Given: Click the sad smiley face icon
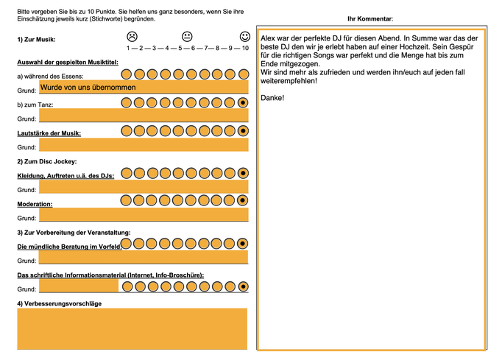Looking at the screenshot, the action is tap(132, 37).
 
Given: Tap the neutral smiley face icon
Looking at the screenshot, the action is tap(187, 37).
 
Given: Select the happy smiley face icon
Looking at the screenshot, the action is tap(245, 37).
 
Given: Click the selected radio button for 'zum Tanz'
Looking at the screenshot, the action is tap(243, 103).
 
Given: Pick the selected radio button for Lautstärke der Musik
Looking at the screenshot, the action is tap(243, 131).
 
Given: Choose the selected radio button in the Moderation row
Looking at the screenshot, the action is tap(242, 200).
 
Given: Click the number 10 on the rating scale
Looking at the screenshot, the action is tap(245, 48).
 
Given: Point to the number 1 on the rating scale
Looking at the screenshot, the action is tap(128, 48).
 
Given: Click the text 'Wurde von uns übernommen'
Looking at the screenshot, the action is tap(88, 88).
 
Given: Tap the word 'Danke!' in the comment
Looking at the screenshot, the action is tap(272, 98).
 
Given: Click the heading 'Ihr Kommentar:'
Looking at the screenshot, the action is tap(370, 19).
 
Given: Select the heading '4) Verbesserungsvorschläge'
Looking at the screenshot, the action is tap(59, 303).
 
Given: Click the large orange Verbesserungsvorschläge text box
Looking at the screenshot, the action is tap(132, 329).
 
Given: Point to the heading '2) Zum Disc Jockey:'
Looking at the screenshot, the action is tap(47, 161).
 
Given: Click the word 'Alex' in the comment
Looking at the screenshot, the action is tap(268, 38).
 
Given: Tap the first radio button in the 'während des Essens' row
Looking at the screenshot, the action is tap(127, 74).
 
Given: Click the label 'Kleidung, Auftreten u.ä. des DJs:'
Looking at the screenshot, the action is tap(66, 176).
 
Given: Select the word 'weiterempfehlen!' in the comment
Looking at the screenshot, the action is tap(289, 81).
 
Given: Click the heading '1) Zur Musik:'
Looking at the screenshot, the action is tap(36, 40).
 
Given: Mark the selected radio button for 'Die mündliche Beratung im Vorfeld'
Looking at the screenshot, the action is tap(242, 244).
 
